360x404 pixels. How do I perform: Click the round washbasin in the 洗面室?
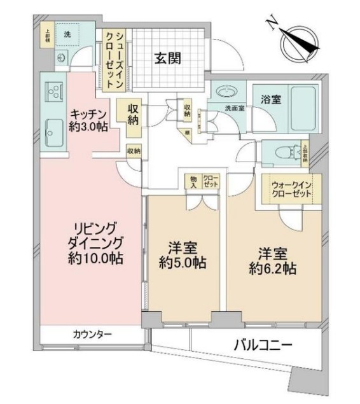pyautogui.click(x=224, y=92)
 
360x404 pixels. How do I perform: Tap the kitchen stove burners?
pyautogui.click(x=52, y=92)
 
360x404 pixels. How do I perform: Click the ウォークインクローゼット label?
pyautogui.click(x=291, y=189)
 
